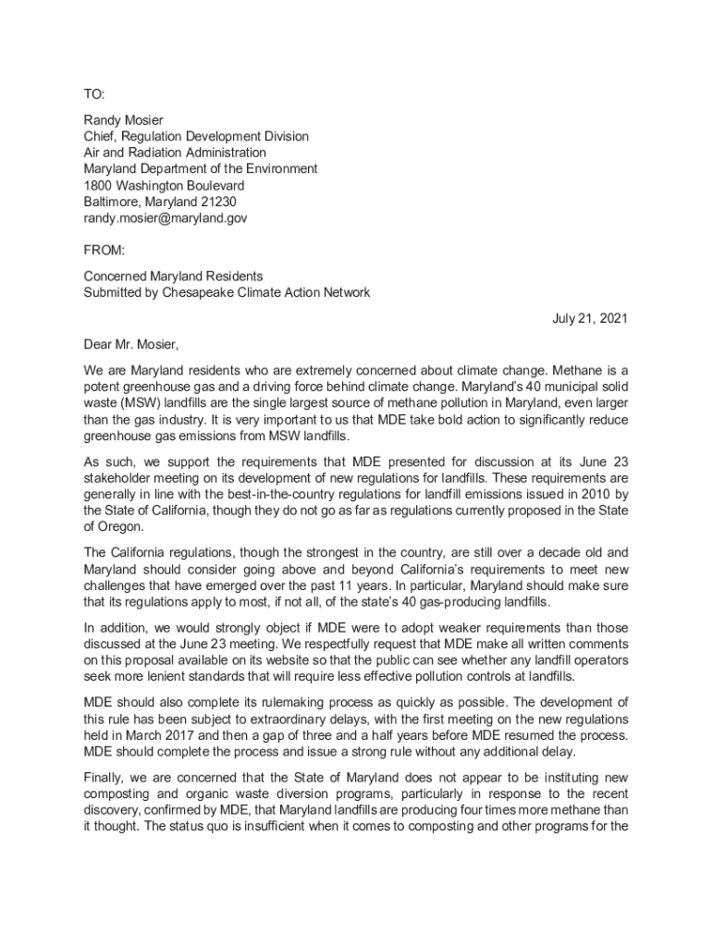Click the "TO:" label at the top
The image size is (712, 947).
94,94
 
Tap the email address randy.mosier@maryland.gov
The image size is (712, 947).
166,219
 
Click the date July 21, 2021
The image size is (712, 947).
590,319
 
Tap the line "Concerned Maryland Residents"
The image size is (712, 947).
173,277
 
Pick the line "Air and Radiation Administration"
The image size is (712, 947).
175,153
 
